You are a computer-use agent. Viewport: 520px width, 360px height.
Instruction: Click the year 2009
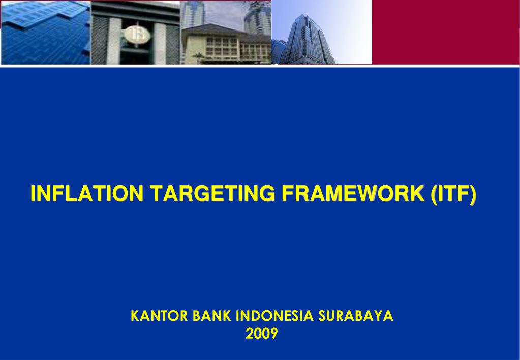261,334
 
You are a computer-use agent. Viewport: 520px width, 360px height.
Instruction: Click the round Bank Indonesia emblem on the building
136,34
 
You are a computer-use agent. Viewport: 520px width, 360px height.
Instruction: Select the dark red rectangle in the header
445,32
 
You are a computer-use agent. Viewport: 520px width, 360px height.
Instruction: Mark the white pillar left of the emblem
114,41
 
